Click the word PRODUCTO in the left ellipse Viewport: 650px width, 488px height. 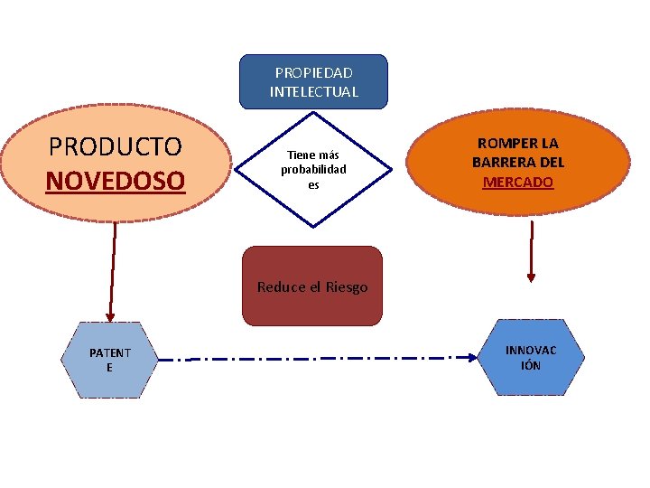(115, 146)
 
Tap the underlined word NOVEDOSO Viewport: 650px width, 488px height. (115, 181)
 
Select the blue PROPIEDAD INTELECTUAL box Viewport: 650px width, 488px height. (313, 81)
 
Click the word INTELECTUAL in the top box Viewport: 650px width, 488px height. (313, 91)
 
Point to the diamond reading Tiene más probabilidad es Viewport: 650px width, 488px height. (313, 169)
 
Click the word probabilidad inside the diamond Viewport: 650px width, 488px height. (313, 170)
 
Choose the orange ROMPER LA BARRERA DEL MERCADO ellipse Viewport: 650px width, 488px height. (517, 163)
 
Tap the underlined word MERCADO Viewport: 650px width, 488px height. (518, 183)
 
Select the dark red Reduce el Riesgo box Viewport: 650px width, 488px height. (312, 286)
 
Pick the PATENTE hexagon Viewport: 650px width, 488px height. (109, 360)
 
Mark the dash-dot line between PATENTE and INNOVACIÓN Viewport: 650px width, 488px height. (316, 359)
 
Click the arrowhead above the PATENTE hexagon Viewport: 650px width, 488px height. (110, 315)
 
